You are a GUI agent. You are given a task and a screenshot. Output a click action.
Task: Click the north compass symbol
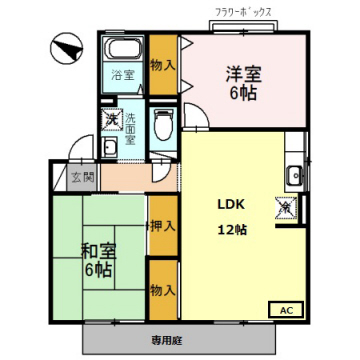click(x=66, y=49)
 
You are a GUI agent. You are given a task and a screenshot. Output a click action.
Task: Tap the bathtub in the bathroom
click(x=123, y=48)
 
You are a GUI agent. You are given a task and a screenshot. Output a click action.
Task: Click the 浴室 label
click(x=123, y=76)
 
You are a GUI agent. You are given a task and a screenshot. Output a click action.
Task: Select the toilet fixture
click(x=163, y=125)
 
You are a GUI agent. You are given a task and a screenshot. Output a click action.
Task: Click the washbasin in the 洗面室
click(x=110, y=147)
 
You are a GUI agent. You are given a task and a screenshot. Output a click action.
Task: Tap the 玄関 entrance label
click(x=82, y=177)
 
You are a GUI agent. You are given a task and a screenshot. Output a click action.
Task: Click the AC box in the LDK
click(x=286, y=310)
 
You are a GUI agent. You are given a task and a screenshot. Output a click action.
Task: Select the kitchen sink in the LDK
click(x=295, y=175)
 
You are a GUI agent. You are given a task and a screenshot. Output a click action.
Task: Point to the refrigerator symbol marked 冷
click(x=286, y=207)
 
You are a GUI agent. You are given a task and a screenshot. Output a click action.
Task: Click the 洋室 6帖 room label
click(x=243, y=84)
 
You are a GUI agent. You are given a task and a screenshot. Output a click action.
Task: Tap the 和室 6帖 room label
click(x=99, y=261)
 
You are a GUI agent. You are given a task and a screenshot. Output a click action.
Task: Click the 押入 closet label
click(x=162, y=226)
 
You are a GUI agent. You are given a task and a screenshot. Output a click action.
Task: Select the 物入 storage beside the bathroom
click(x=163, y=65)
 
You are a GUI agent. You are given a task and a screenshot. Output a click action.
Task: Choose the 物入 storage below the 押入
click(x=163, y=290)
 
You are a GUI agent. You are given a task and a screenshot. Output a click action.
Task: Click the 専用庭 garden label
click(x=167, y=341)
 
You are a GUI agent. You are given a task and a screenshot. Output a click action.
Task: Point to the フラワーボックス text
click(x=244, y=13)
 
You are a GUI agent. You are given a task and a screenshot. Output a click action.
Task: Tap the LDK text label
click(x=231, y=205)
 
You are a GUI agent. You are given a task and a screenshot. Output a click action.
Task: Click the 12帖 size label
click(x=232, y=230)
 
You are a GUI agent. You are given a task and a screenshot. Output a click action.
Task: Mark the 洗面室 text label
click(x=129, y=128)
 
